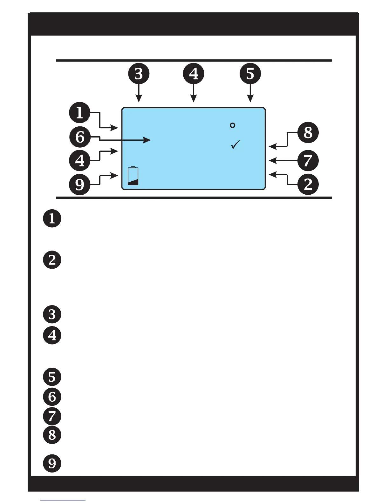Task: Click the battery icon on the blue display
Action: click(x=133, y=176)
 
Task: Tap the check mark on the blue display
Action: click(x=235, y=145)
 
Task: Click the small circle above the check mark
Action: click(x=232, y=125)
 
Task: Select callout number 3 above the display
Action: click(x=139, y=74)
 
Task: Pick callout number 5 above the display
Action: click(x=250, y=74)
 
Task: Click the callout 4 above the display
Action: click(x=194, y=74)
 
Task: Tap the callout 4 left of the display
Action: click(x=80, y=160)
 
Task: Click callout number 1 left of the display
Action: click(x=80, y=112)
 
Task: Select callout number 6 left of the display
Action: click(x=80, y=137)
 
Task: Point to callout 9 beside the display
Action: click(x=80, y=184)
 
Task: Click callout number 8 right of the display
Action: click(x=308, y=133)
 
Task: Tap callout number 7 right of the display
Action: click(x=308, y=160)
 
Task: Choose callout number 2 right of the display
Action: click(x=308, y=184)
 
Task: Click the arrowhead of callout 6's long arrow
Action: click(x=147, y=140)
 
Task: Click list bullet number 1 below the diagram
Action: click(x=52, y=218)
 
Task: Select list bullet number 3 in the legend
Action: click(x=52, y=314)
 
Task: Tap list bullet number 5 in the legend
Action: click(x=52, y=377)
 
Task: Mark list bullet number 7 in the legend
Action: click(x=52, y=416)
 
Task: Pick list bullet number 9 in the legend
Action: click(x=52, y=463)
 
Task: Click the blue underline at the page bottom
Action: click(x=63, y=500)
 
